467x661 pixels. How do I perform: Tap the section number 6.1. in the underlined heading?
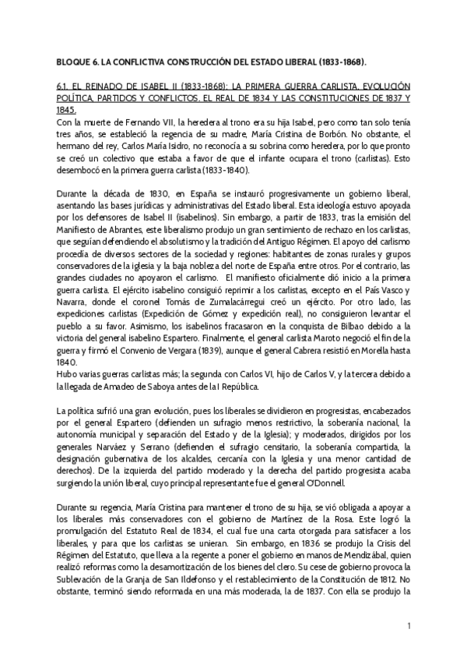click(65, 86)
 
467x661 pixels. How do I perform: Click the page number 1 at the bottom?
click(409, 627)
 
